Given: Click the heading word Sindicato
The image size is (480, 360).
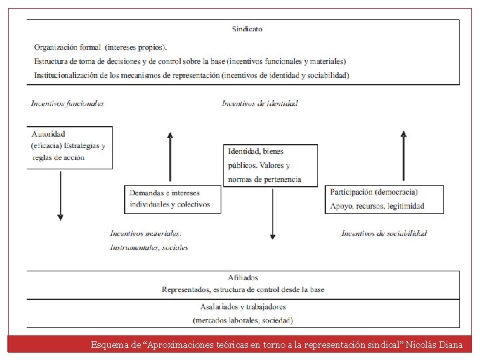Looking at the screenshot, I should point(247,29).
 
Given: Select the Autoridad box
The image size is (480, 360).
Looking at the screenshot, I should point(69,147).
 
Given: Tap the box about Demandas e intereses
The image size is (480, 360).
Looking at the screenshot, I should point(172,199).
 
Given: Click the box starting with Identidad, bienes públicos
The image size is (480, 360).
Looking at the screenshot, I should point(270,165).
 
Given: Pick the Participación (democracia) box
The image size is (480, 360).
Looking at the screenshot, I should point(385,199).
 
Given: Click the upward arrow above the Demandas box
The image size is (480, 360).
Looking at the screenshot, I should point(170,157).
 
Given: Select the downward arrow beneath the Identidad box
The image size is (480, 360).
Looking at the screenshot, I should point(272,213).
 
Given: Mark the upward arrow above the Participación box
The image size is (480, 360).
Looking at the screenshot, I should point(403,157).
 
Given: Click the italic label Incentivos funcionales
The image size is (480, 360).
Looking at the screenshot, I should point(67,103).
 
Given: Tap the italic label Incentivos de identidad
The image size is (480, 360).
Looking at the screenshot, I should point(260,103).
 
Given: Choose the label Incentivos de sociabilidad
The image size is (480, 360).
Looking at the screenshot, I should point(384,233).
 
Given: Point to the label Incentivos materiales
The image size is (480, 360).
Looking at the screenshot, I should point(146,233).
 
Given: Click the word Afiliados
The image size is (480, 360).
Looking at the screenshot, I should point(243,277).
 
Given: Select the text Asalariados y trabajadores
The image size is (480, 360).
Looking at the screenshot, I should point(243,307).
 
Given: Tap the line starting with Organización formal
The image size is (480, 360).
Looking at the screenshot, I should point(101,47).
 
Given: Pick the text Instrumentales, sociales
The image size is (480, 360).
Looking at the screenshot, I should point(149,247).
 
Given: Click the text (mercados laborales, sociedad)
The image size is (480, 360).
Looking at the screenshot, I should point(243,320).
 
